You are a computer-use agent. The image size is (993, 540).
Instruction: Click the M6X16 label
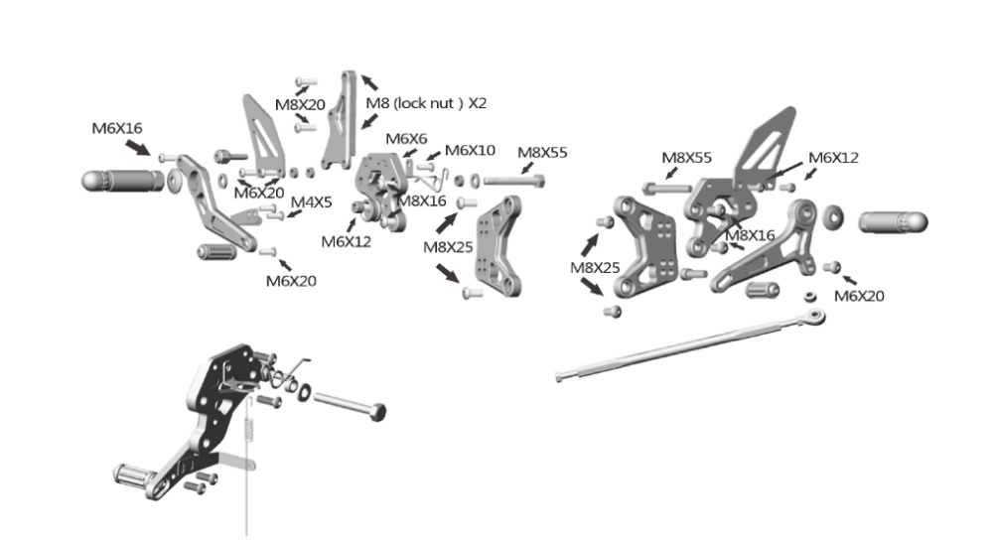click(117, 128)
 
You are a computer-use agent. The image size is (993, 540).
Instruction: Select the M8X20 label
click(300, 105)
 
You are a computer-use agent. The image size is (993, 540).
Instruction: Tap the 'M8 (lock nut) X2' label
click(426, 103)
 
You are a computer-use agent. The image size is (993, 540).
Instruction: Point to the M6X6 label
click(406, 139)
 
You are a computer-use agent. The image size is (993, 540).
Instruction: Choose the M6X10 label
click(470, 151)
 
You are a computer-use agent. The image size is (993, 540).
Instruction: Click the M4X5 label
click(311, 202)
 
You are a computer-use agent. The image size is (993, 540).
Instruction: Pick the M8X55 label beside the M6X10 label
click(542, 153)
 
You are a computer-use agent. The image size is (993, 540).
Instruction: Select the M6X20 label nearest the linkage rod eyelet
click(859, 296)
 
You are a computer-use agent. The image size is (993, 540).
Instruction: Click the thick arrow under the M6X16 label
click(138, 148)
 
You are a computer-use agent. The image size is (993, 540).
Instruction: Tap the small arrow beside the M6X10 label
click(433, 156)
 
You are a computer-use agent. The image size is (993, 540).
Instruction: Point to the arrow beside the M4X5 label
click(294, 214)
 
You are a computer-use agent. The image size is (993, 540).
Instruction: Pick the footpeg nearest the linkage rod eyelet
click(893, 222)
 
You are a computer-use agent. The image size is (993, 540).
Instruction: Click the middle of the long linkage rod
click(690, 345)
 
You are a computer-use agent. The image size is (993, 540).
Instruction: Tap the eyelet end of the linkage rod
click(815, 316)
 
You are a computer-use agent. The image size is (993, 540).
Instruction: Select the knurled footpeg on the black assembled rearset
click(133, 474)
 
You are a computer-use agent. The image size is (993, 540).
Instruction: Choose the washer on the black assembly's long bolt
click(304, 392)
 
